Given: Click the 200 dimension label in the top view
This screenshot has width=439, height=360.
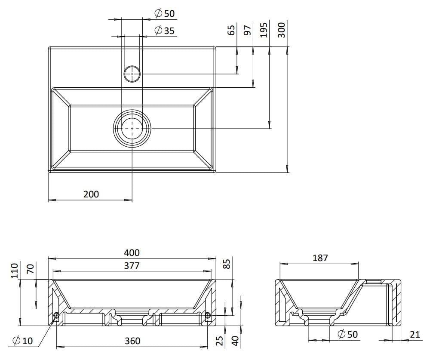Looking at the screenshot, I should click(x=91, y=194).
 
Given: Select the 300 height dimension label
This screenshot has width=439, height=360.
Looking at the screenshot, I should click(x=282, y=30).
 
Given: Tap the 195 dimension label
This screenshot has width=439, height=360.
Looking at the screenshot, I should click(x=264, y=30).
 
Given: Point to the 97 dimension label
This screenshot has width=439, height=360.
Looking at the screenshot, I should click(x=247, y=30).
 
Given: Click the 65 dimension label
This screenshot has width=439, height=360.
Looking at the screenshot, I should click(x=231, y=30).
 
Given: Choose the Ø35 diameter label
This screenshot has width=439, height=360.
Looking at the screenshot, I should click(x=164, y=31).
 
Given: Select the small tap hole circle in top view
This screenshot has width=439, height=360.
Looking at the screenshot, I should click(x=132, y=74).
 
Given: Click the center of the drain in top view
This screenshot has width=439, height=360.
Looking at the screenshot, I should click(x=132, y=128).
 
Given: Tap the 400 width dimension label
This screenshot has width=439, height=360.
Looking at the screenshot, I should click(x=132, y=253).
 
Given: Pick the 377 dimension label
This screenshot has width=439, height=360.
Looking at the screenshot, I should click(x=132, y=266).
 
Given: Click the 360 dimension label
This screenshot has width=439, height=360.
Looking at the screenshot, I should click(x=132, y=341).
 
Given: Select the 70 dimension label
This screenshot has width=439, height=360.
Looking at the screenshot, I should click(x=30, y=270).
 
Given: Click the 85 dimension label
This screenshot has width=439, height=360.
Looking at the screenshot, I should click(x=228, y=263).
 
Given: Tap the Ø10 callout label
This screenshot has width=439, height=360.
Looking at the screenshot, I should click(x=23, y=341).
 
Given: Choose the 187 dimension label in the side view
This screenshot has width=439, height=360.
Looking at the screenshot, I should click(x=320, y=258).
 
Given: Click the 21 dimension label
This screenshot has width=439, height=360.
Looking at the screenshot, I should click(x=415, y=334).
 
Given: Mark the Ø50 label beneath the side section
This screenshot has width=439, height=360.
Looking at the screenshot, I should click(x=348, y=334).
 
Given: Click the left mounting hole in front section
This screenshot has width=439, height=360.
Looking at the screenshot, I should click(x=56, y=315).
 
